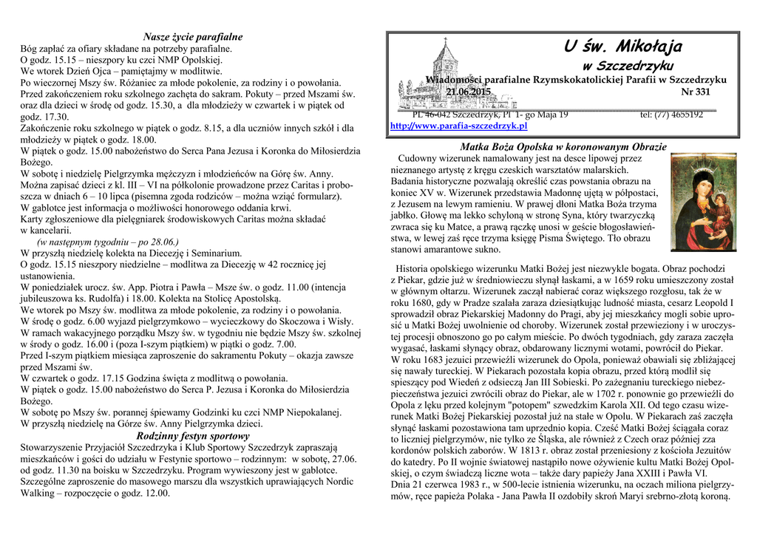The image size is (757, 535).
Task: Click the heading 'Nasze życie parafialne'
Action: [193, 37]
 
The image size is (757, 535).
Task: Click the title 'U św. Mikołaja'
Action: [622, 48]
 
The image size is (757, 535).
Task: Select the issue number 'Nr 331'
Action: [695, 92]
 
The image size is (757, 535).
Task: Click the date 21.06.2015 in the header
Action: [468, 92]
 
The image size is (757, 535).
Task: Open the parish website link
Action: [458, 126]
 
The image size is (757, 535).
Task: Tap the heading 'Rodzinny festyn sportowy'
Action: [193, 436]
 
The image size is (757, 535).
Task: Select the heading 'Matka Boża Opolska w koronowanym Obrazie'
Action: [563, 147]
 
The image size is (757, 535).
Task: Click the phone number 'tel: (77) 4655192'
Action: [672, 115]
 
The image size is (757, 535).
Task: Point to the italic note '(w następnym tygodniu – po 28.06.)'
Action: [108, 241]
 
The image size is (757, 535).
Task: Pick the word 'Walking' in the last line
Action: [38, 493]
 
